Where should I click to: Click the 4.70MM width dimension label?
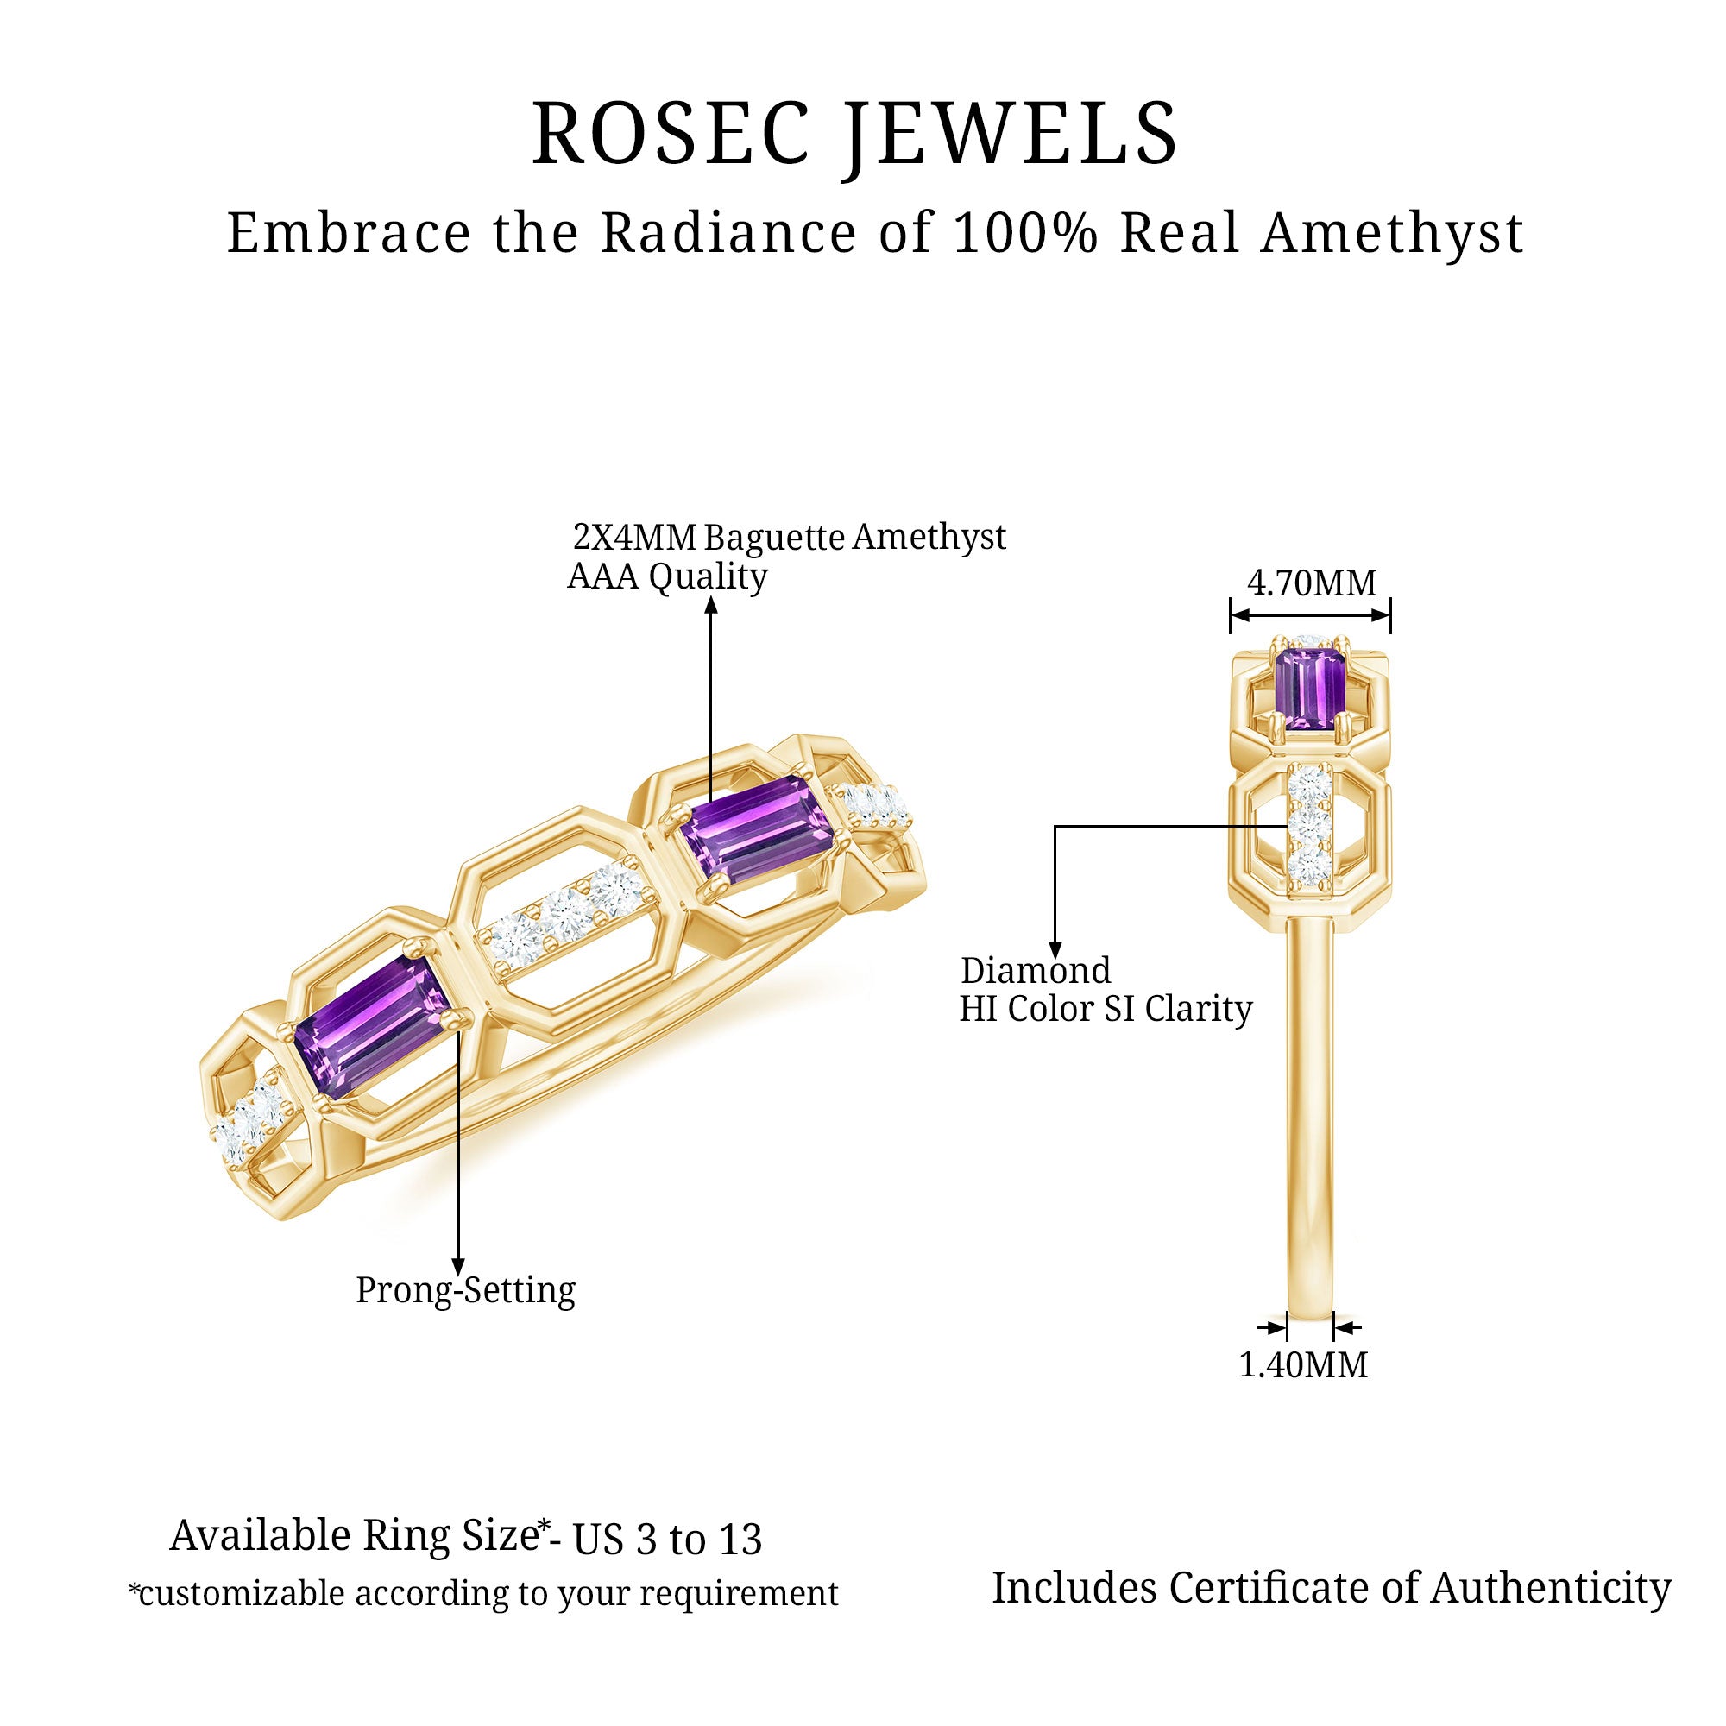1312,584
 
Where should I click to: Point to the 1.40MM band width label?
1303,1365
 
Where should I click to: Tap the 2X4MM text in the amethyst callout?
633,538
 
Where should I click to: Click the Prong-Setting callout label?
465,1291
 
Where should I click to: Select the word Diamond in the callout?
1036,971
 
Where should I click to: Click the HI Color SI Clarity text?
1106,1010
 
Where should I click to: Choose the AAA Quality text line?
667,577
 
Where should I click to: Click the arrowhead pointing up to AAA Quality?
711,606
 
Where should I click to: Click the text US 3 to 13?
666,1540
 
